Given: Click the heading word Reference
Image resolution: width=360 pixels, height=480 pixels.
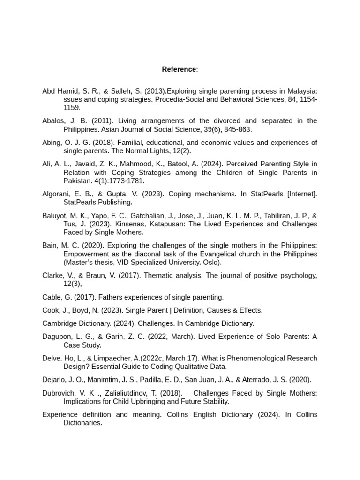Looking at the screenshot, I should coord(179,69).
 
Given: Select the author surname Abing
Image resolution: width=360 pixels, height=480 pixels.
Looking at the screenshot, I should coord(51,142).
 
